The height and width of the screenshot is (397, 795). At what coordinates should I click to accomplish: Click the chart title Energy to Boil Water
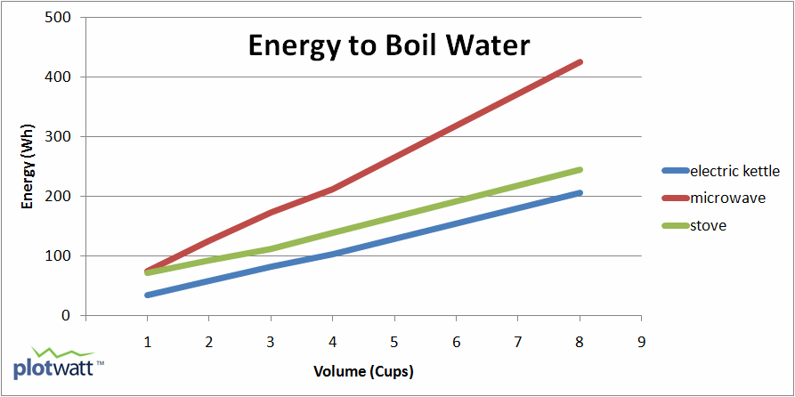(x=388, y=45)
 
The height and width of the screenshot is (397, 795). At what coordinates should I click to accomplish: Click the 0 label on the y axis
(x=67, y=316)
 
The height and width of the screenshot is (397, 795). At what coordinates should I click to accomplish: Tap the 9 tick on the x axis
(x=642, y=340)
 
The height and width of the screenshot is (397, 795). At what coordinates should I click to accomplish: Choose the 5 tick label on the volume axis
(x=394, y=340)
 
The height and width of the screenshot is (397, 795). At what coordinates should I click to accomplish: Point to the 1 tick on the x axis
(x=147, y=340)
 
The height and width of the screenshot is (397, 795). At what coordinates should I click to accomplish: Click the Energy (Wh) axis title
(x=28, y=166)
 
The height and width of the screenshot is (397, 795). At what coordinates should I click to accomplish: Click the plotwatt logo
(x=58, y=365)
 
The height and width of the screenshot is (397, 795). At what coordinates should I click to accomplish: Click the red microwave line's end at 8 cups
(x=580, y=62)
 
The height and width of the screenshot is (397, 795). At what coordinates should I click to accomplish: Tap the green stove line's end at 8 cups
(x=580, y=170)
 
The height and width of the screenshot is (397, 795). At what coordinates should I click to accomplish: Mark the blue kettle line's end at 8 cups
(x=580, y=193)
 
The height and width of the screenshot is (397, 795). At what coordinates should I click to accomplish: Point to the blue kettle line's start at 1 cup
(x=147, y=295)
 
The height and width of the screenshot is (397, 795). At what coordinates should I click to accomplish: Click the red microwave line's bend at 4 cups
(x=333, y=189)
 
